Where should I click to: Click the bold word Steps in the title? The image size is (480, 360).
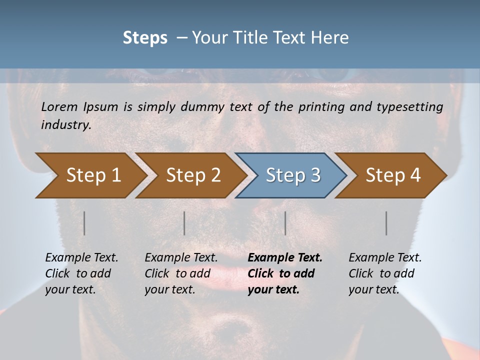click(145, 38)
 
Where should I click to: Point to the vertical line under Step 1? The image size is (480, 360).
click(84, 223)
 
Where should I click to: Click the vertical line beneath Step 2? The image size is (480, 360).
click(184, 223)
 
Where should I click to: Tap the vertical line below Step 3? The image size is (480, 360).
click(285, 223)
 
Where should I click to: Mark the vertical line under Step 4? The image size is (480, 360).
click(386, 223)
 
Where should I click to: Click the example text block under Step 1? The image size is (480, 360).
click(81, 273)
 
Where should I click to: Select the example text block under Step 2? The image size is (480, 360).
click(181, 273)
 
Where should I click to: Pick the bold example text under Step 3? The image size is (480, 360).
click(284, 273)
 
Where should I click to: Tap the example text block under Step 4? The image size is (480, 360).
click(385, 273)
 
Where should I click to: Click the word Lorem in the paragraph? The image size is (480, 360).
click(59, 106)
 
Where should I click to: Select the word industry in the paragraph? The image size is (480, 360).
click(66, 124)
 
